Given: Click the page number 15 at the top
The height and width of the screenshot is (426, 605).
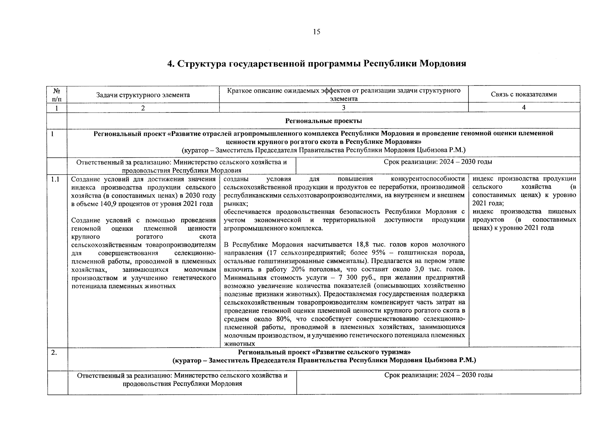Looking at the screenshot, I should click(x=316, y=32).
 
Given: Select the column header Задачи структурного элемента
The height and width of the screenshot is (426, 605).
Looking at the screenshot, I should click(x=143, y=95).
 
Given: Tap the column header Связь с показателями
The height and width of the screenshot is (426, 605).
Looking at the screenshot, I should click(x=524, y=94).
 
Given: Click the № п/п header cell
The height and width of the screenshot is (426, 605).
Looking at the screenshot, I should click(x=57, y=94).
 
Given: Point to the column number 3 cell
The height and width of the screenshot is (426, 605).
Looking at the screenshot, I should click(x=343, y=108).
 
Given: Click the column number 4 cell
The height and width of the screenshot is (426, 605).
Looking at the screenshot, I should click(x=524, y=108).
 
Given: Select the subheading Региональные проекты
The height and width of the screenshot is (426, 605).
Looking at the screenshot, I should click(x=323, y=121).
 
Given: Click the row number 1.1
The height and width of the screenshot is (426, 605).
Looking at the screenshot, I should click(x=55, y=179).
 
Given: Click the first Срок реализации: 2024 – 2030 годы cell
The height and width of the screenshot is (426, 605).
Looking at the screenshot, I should click(x=438, y=162).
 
